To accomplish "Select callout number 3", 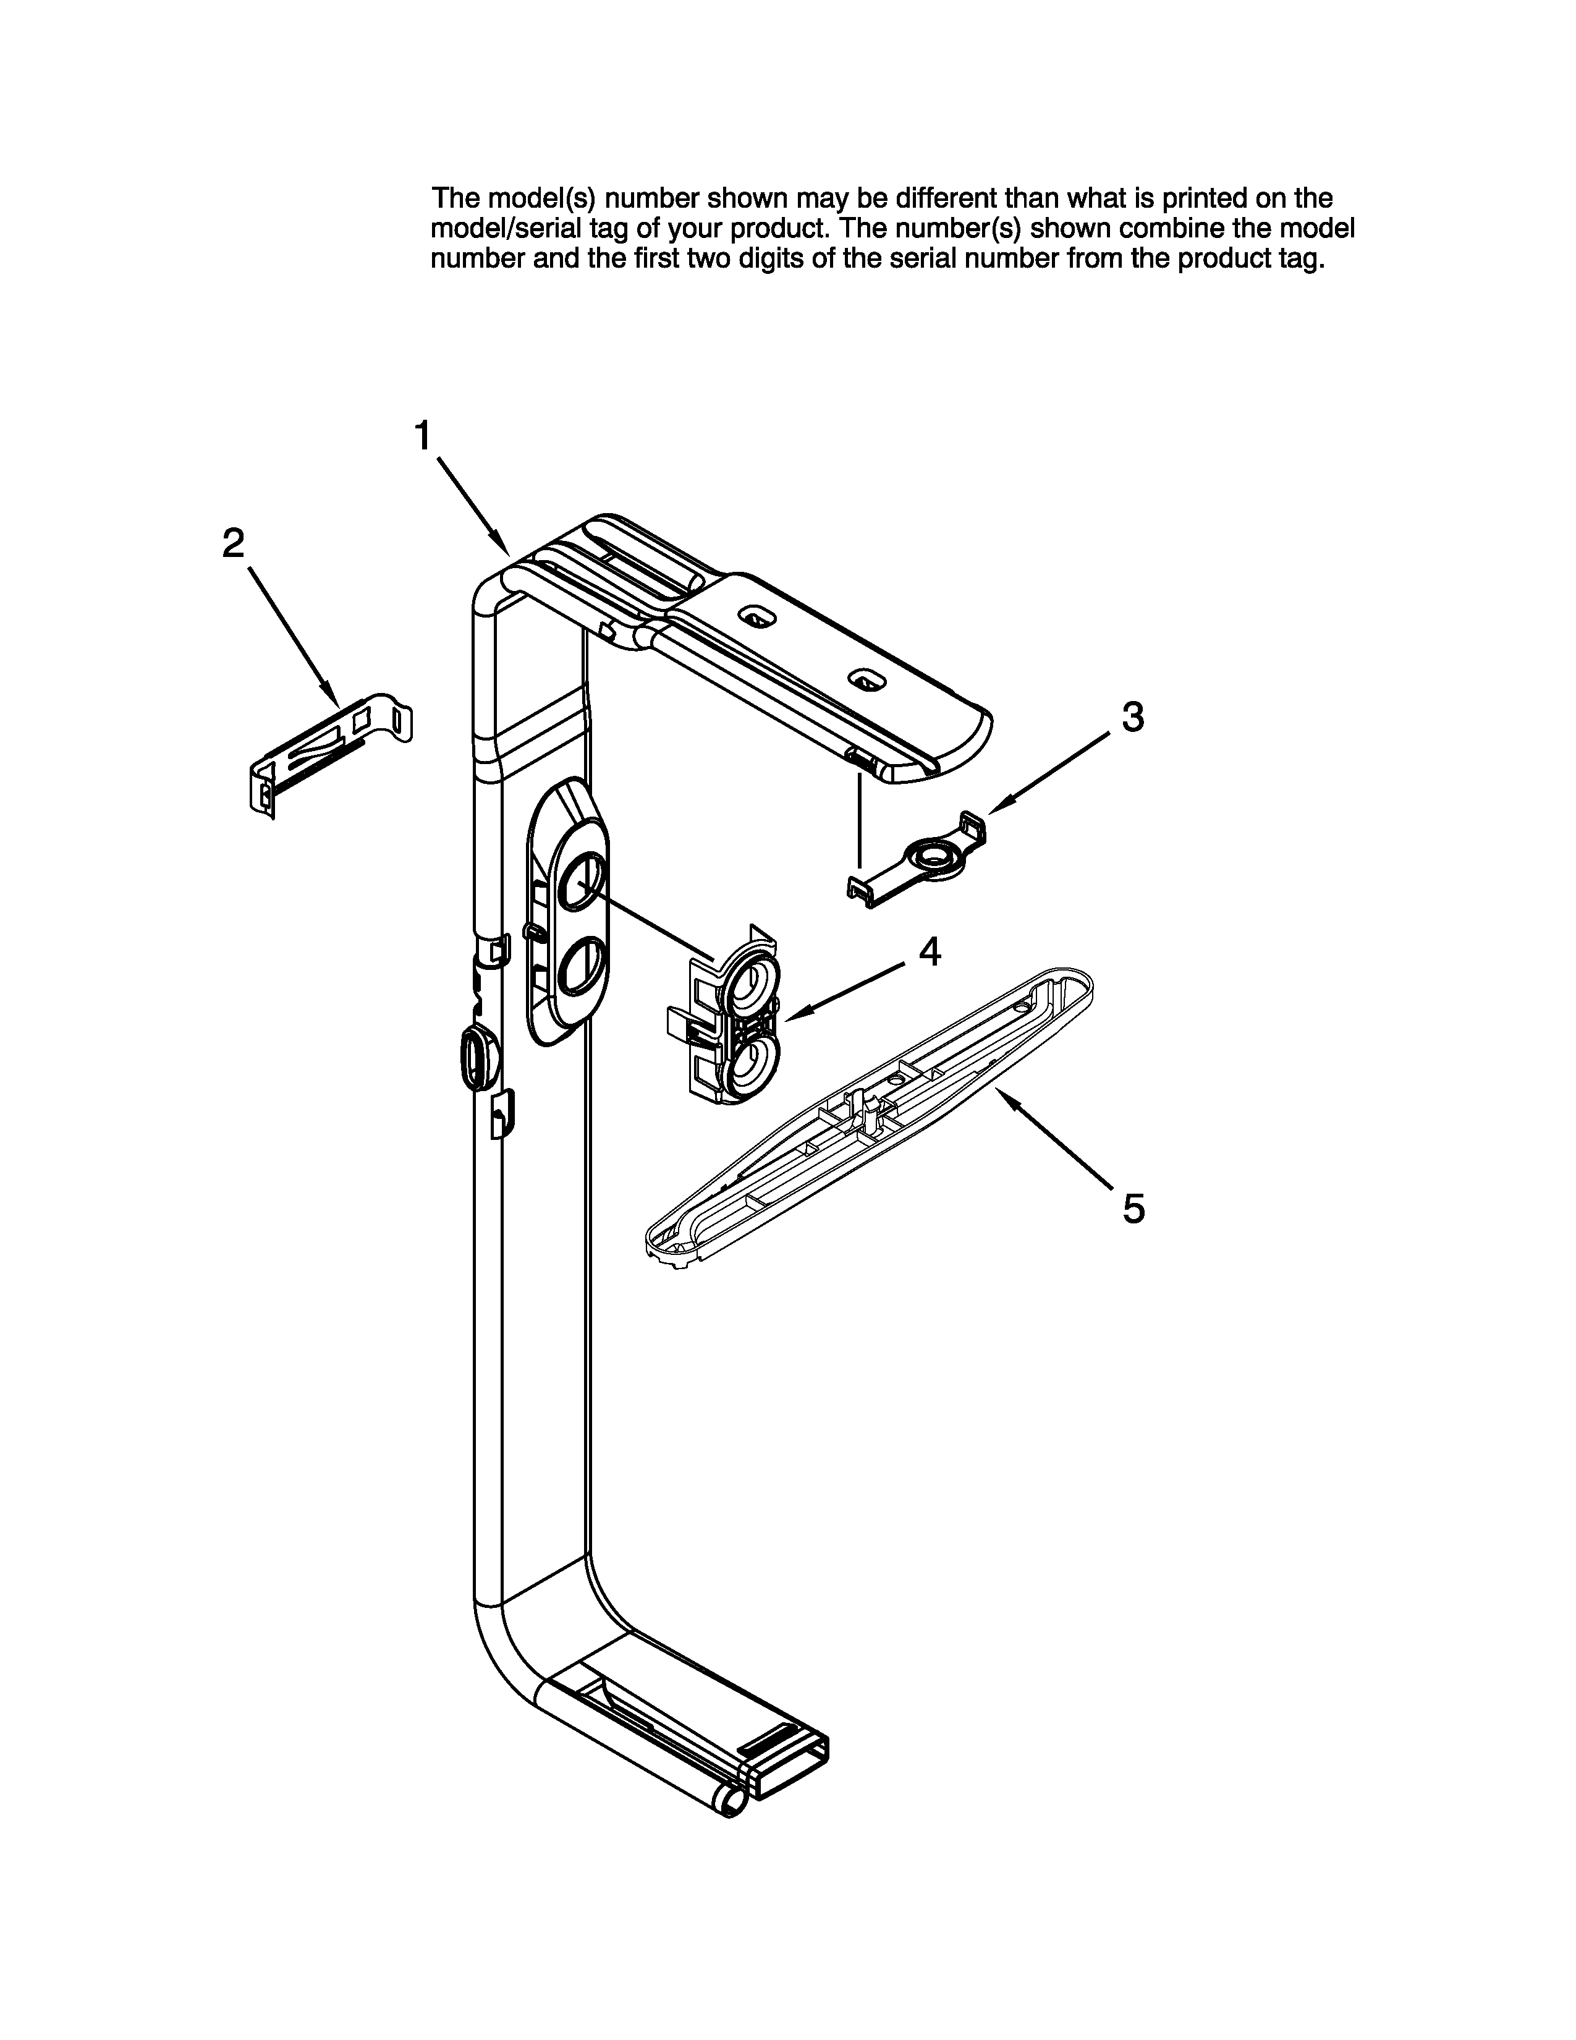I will coord(1132,717).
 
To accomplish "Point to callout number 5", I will coord(1132,1209).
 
